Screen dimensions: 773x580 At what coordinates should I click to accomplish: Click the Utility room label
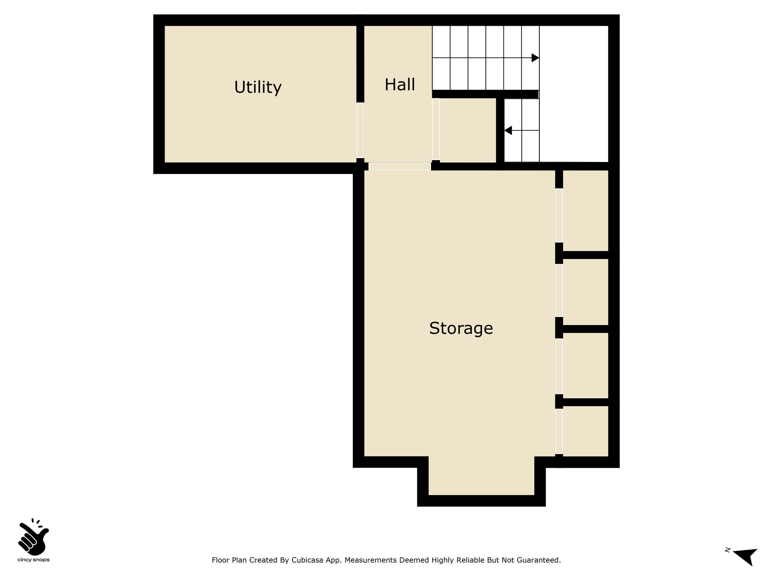pos(258,87)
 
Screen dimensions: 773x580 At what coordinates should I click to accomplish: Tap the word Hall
pos(400,85)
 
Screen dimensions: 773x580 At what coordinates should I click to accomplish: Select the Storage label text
pos(461,329)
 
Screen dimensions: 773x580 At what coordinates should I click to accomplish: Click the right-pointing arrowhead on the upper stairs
pos(535,58)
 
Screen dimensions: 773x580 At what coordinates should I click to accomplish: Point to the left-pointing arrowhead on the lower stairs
pos(508,130)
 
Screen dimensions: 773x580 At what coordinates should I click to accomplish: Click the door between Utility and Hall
pos(360,130)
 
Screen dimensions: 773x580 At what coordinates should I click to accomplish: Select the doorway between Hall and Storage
pos(400,167)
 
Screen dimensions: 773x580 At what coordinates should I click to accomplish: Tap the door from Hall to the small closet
pos(436,129)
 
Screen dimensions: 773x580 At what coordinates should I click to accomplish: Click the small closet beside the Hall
pos(468,130)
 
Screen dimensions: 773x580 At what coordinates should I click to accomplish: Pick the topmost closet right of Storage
pos(585,211)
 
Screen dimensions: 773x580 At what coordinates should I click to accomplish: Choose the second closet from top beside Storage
pos(585,292)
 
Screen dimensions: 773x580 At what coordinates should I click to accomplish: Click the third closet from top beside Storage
pos(585,366)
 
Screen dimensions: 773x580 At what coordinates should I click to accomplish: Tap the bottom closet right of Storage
pos(585,431)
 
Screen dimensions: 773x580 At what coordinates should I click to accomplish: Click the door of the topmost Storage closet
pos(559,215)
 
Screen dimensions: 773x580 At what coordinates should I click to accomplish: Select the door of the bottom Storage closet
pos(559,432)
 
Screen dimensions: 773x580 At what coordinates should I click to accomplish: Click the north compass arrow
pos(745,567)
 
